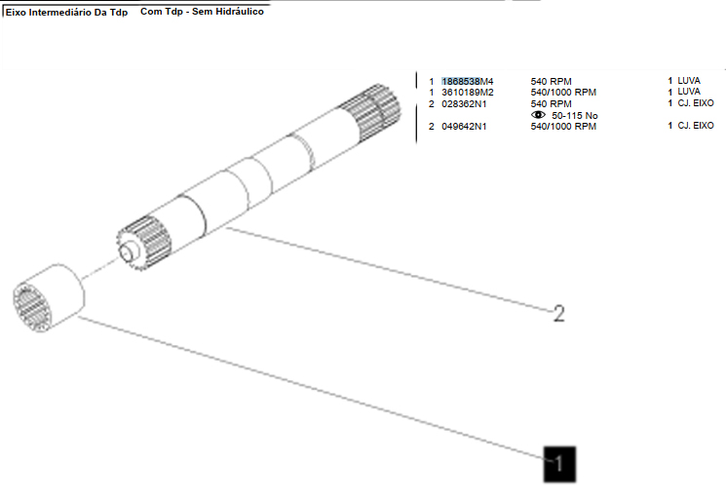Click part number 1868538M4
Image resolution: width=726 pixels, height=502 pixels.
tap(468, 82)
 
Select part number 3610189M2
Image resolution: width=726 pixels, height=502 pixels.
tap(468, 93)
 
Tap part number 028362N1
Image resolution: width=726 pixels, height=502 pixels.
tap(464, 103)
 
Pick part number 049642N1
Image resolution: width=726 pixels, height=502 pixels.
tap(464, 126)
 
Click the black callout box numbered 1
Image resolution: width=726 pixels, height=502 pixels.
tap(559, 464)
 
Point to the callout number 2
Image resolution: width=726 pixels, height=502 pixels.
tap(559, 314)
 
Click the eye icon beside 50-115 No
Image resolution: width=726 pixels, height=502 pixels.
tap(538, 114)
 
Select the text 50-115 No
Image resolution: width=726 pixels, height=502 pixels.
tap(575, 115)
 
